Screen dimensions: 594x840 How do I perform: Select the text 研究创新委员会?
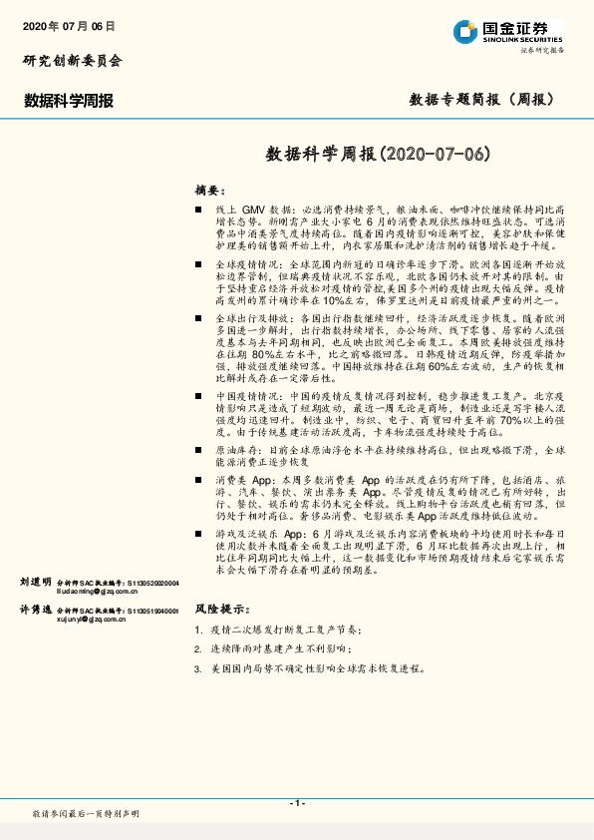72,60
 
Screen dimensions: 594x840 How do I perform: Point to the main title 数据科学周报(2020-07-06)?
380,154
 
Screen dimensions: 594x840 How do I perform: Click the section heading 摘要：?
210,190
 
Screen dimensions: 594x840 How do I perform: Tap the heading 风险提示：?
218,608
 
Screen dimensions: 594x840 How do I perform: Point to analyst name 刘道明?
35,581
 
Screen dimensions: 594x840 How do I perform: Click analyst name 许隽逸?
35,609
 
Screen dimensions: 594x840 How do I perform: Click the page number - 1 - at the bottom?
296,803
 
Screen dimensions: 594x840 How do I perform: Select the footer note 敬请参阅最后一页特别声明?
86,814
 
